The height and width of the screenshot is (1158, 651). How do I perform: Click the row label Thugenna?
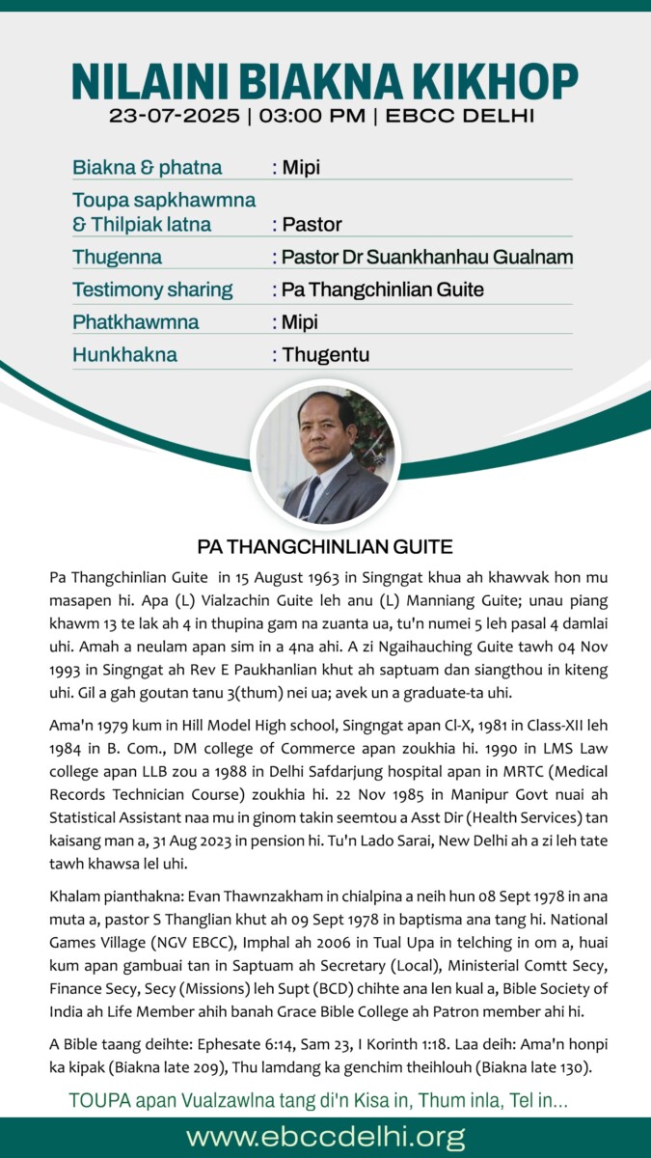(x=117, y=258)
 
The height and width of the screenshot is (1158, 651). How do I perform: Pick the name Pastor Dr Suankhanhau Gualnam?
(x=427, y=258)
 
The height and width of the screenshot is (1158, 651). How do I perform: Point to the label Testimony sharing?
(x=151, y=289)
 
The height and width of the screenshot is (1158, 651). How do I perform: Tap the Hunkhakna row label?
(x=124, y=354)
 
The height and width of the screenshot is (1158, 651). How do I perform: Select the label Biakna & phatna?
(x=147, y=168)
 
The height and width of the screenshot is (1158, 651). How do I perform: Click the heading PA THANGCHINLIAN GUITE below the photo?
(x=325, y=547)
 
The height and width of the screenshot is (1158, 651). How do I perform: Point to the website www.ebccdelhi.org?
(x=325, y=1136)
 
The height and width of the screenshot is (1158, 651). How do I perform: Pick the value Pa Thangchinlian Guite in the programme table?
(x=383, y=289)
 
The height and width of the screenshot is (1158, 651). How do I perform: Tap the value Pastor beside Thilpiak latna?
(x=312, y=225)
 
